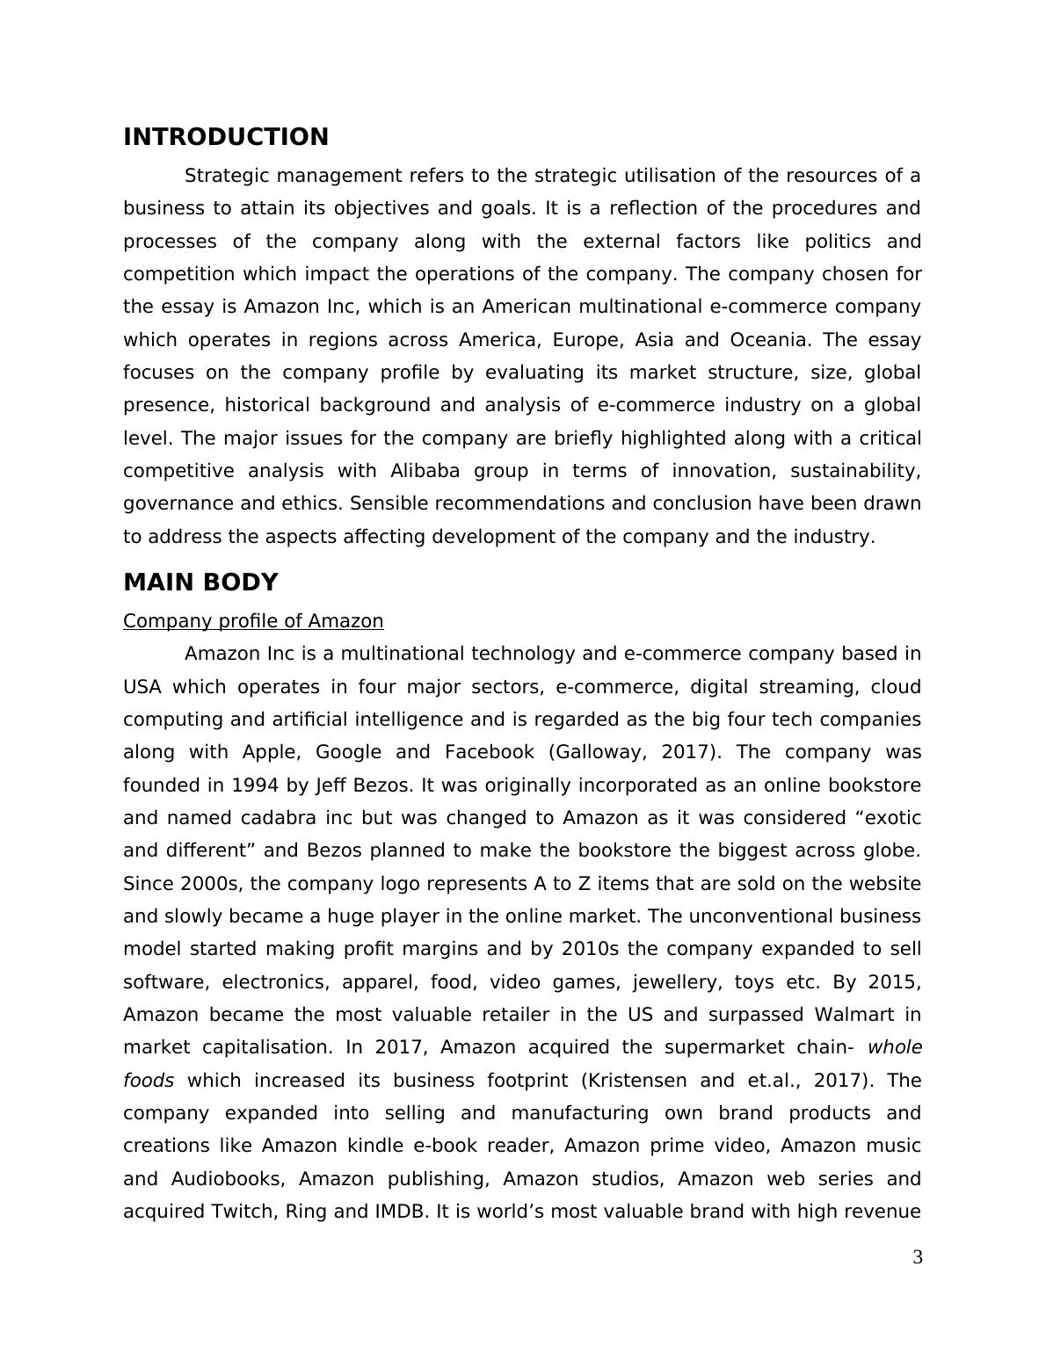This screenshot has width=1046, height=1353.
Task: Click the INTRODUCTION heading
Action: [x=226, y=137]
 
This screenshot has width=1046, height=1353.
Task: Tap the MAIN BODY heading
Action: [x=200, y=582]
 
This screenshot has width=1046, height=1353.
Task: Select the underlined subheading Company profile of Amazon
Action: [x=253, y=621]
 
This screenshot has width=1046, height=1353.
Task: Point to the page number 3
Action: [x=918, y=1258]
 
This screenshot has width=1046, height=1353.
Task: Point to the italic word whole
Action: [x=895, y=1047]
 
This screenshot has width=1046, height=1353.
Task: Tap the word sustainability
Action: [x=855, y=471]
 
